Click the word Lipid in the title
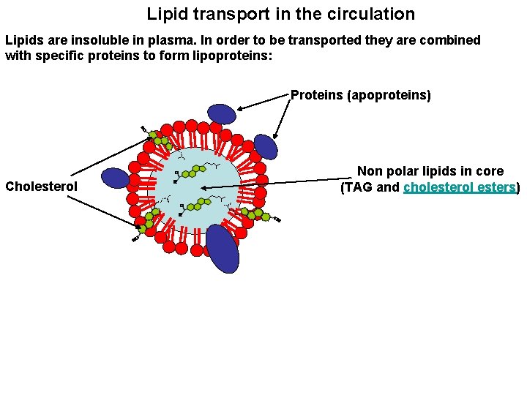(164, 14)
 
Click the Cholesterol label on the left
(41, 187)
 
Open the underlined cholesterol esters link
(459, 187)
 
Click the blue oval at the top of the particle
(222, 113)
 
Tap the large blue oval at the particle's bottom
(223, 249)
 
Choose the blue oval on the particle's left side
(115, 178)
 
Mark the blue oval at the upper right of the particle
(266, 146)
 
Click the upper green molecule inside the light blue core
(192, 171)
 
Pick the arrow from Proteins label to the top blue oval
(262, 104)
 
